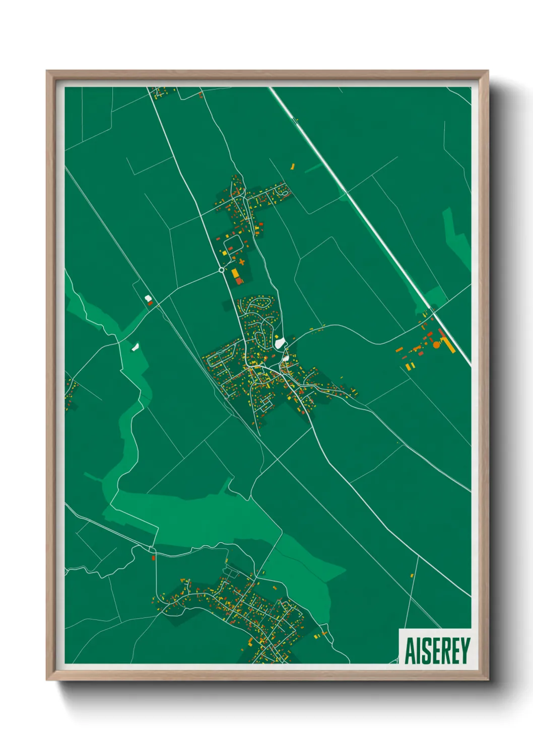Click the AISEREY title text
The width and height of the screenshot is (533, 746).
click(437, 651)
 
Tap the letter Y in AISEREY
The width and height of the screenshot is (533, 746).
click(464, 651)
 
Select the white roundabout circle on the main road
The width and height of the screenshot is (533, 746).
click(221, 270)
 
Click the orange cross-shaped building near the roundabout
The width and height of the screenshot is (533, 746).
click(242, 262)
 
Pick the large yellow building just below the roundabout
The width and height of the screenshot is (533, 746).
click(235, 273)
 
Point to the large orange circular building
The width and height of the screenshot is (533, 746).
click(436, 345)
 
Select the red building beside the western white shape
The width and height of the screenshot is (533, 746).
click(150, 303)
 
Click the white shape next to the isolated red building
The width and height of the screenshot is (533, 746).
click(148, 298)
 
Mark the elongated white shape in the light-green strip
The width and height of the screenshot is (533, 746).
click(135, 346)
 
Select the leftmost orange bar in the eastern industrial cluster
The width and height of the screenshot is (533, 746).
click(399, 349)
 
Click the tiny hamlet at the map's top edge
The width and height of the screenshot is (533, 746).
click(161, 92)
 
